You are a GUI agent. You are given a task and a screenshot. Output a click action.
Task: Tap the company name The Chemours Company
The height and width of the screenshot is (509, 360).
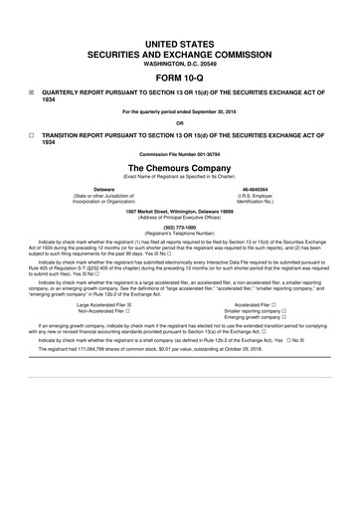(180, 168)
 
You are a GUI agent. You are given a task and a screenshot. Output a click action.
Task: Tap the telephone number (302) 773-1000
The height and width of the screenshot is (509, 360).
(180, 225)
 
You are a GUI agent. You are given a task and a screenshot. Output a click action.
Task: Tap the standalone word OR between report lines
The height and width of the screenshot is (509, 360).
(180, 123)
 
